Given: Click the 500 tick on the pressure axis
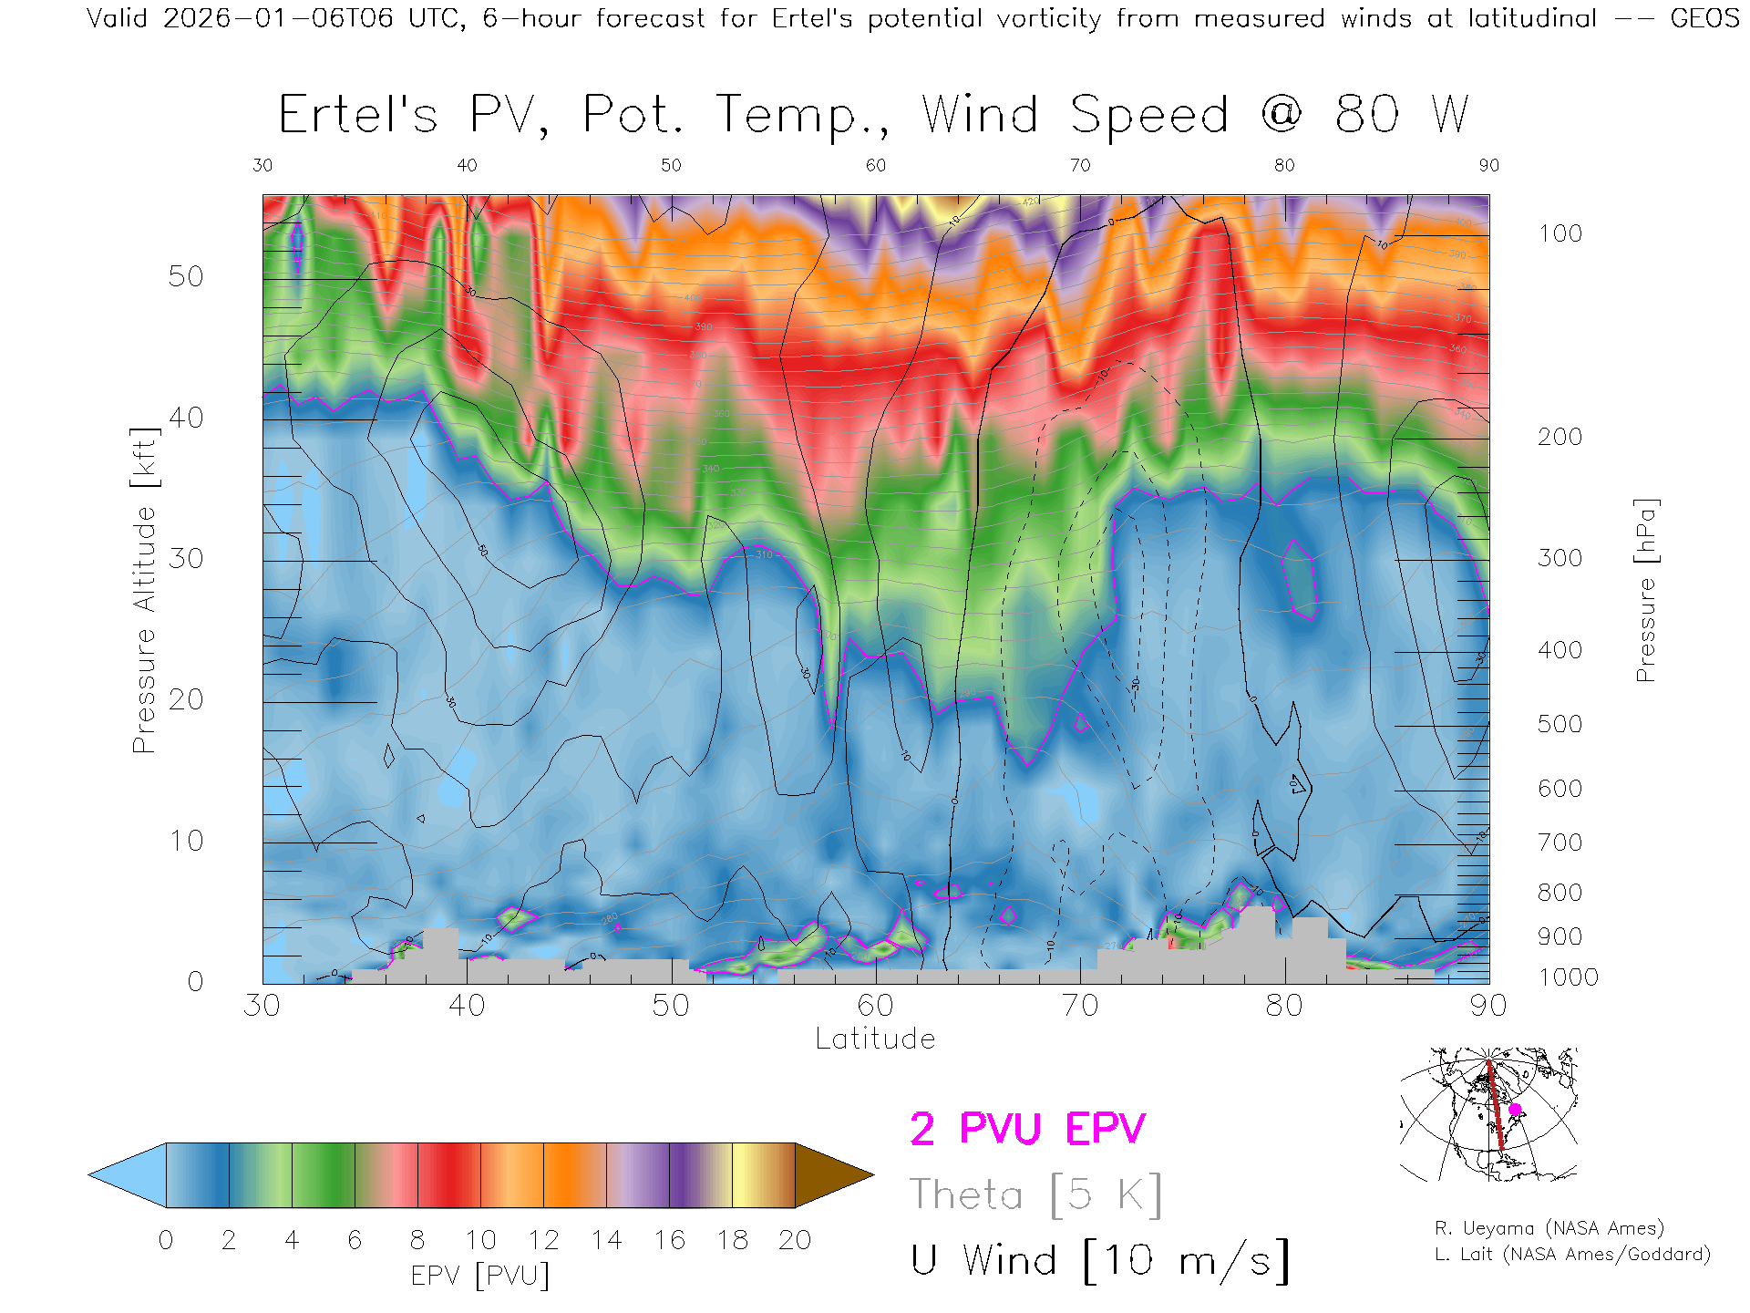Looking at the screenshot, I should [1560, 724].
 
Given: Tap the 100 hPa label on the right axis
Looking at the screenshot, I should [1560, 233].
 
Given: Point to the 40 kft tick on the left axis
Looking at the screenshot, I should [185, 418].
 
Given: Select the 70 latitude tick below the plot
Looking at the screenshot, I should [1080, 1005].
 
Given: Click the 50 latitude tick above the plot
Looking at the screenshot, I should [671, 165].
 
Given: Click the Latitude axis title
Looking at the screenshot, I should [875, 1039].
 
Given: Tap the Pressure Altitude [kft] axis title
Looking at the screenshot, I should [144, 590].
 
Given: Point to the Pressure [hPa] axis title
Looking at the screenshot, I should [1646, 590].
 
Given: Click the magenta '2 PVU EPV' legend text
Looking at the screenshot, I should [1027, 1129].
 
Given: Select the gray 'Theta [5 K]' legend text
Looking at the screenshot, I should [1035, 1194].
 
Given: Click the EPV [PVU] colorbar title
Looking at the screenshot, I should [480, 1275].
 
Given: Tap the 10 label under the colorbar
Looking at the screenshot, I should [480, 1240].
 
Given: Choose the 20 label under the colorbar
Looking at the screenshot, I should [795, 1240].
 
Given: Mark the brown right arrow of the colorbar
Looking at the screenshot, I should [831, 1175].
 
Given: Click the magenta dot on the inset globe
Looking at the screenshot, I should [1516, 1110].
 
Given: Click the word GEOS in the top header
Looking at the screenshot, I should [1704, 18].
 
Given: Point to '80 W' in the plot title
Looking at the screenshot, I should [1401, 115].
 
